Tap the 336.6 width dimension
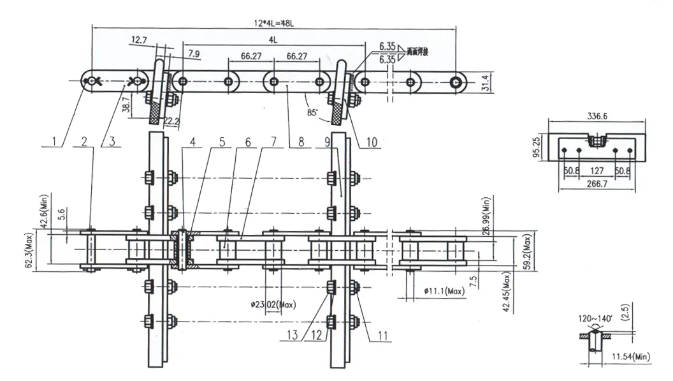[x=597, y=117]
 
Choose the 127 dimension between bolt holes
[x=597, y=170]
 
